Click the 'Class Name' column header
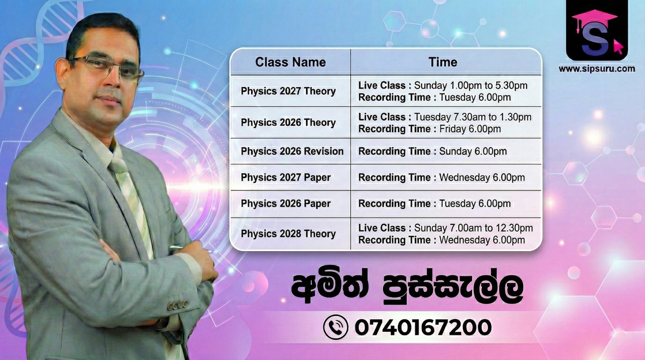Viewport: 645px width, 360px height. [290, 62]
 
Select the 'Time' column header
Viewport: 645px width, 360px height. [443, 62]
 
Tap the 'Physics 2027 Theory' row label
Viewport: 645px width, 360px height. [288, 91]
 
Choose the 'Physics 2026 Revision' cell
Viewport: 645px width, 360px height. [292, 151]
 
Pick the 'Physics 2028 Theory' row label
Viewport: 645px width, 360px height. [288, 233]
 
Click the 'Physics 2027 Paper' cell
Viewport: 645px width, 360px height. [286, 177]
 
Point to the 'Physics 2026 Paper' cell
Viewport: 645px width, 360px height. [286, 203]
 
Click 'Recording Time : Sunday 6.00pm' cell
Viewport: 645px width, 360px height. [433, 152]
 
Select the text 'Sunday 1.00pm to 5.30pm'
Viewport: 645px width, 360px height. [471, 85]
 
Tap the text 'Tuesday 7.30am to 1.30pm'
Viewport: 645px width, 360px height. [473, 117]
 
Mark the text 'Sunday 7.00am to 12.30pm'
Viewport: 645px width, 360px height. [473, 228]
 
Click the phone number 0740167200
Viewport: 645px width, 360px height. [423, 327]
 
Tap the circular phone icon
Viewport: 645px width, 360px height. [335, 327]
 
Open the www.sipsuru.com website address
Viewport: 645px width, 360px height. [597, 69]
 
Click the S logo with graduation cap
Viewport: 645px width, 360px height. [597, 31]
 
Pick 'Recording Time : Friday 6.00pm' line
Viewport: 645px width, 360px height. [430, 129]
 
